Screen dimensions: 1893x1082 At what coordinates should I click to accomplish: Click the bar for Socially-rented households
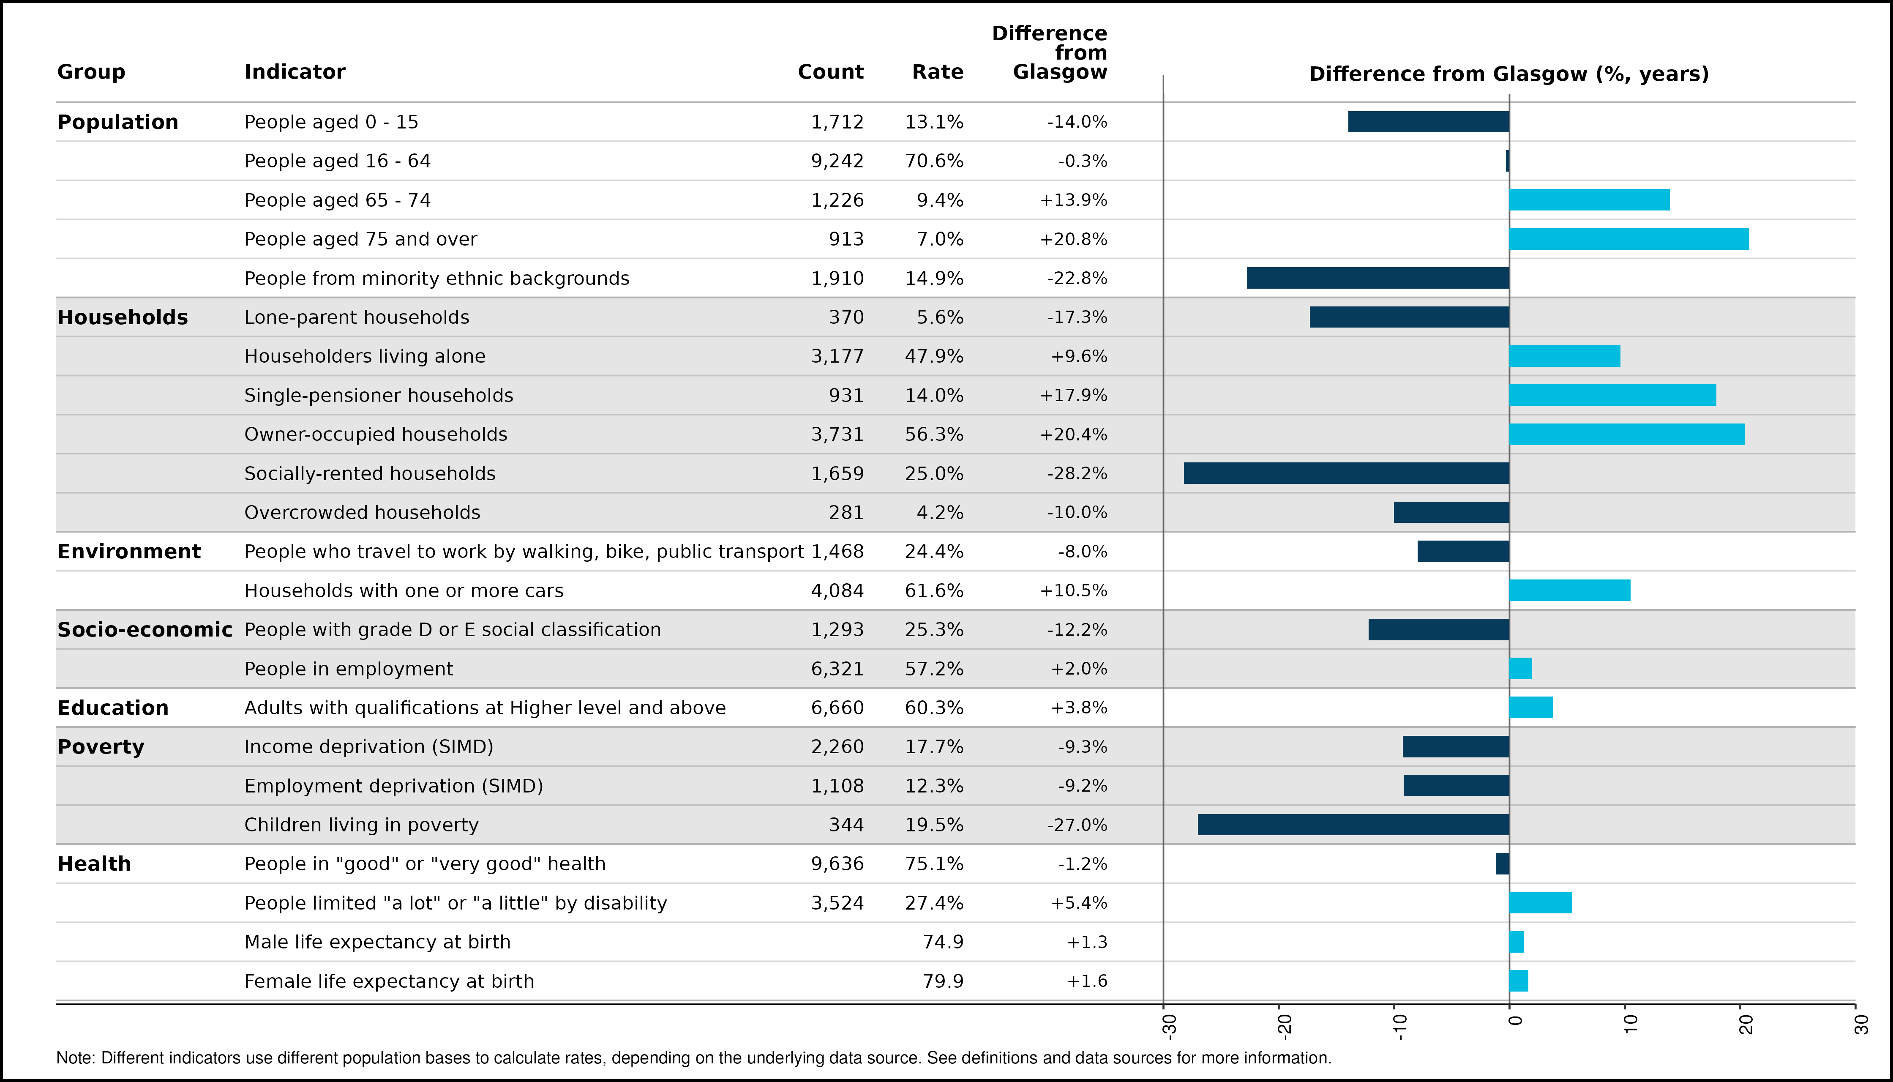pyautogui.click(x=1346, y=473)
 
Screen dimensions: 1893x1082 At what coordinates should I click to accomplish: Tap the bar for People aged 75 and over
pyautogui.click(x=1629, y=239)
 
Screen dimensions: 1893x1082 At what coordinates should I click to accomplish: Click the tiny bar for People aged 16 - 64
pyautogui.click(x=1507, y=161)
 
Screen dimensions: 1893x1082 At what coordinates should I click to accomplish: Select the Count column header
pyautogui.click(x=831, y=72)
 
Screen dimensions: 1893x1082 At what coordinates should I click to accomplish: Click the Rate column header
pyautogui.click(x=938, y=72)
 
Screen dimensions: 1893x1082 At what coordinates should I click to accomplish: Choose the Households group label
pyautogui.click(x=123, y=317)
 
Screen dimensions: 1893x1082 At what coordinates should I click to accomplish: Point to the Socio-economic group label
pyautogui.click(x=145, y=629)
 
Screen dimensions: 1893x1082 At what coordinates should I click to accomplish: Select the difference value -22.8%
pyautogui.click(x=1077, y=279)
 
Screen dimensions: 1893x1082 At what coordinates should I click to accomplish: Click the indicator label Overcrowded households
pyautogui.click(x=363, y=513)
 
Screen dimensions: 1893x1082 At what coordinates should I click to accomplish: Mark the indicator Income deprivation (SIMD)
pyautogui.click(x=369, y=747)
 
